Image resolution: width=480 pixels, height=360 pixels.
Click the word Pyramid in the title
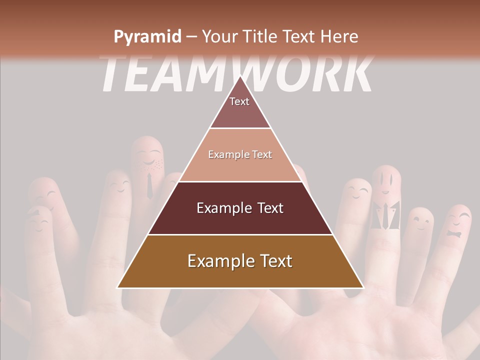click(x=146, y=36)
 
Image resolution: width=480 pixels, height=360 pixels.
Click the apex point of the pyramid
click(x=240, y=76)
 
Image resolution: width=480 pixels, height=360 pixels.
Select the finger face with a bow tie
click(x=456, y=225)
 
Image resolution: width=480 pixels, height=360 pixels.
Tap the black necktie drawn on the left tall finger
click(x=149, y=186)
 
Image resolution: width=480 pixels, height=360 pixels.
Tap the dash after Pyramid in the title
click(x=191, y=37)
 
